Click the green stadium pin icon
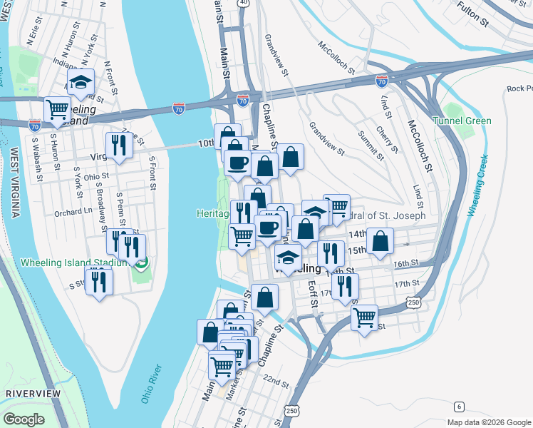[x=141, y=264]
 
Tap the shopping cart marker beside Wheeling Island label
[x=57, y=109]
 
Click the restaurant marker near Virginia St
[x=119, y=145]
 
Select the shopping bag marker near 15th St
[x=381, y=241]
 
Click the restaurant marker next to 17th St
[x=345, y=285]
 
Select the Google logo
[x=24, y=419]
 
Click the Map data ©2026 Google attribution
[x=488, y=422]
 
